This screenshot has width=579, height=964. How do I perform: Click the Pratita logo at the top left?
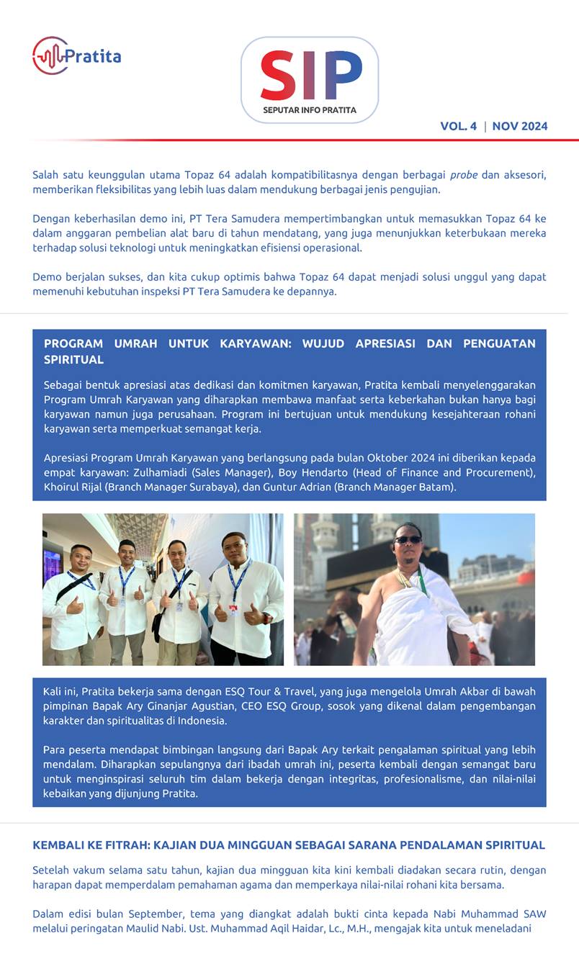coord(76,55)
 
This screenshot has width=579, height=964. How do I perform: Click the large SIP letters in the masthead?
coord(310,76)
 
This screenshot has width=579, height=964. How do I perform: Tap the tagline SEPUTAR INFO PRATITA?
coord(310,111)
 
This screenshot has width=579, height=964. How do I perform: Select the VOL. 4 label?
coord(458,126)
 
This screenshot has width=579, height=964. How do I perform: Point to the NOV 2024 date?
coord(520,126)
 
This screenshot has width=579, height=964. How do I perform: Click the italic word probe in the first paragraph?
coord(464,175)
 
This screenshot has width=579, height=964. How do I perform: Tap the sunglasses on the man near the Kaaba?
coord(408,540)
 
